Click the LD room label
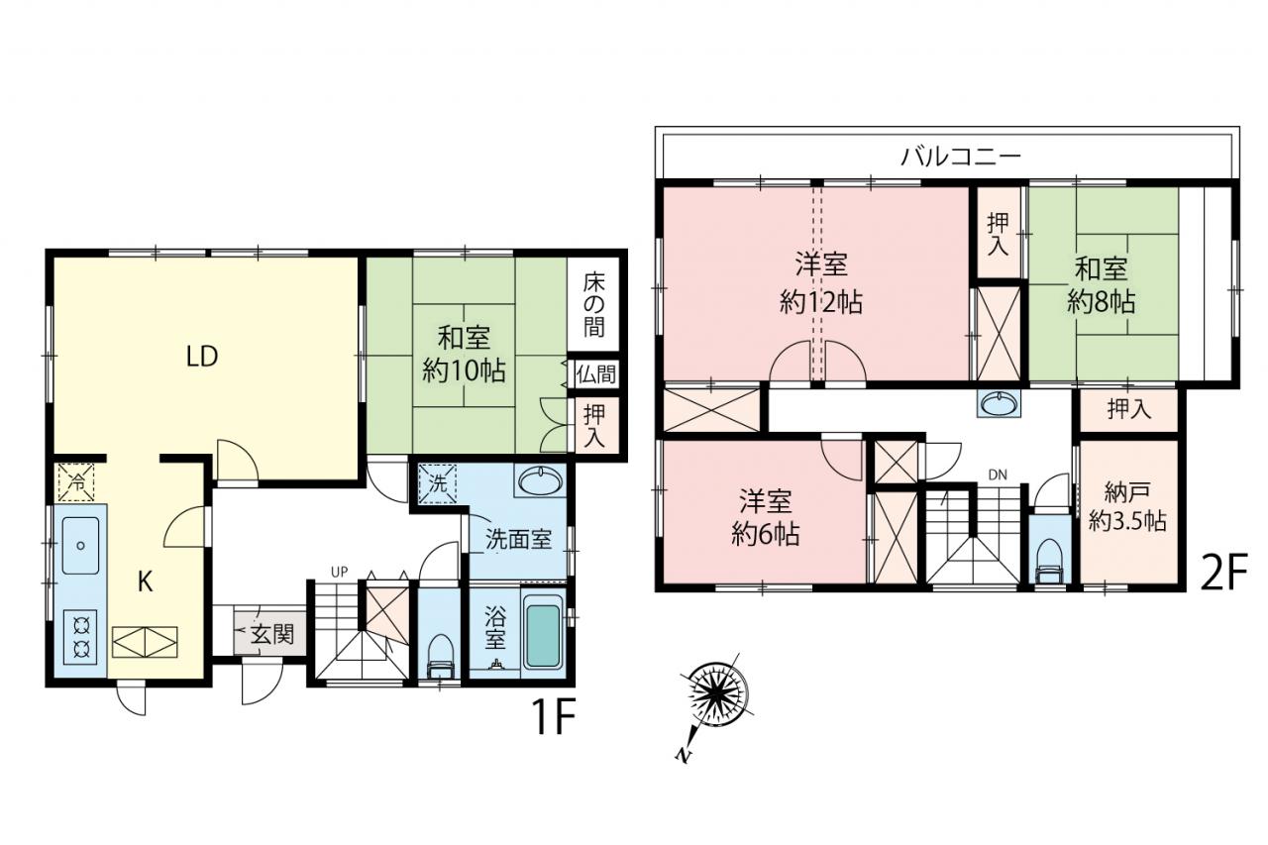[202, 357]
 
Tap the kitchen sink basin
[80, 545]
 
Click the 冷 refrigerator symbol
[76, 482]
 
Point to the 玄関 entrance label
[272, 634]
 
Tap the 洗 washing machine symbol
[437, 483]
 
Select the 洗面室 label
[518, 539]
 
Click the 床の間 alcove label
[593, 306]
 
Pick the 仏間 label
[595, 374]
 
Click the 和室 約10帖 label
[464, 355]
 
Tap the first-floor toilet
[441, 656]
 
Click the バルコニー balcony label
[961, 156]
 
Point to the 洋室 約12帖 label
[821, 284]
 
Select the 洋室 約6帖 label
[765, 517]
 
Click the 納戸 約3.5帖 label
[1127, 507]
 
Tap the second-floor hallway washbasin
[1000, 404]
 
